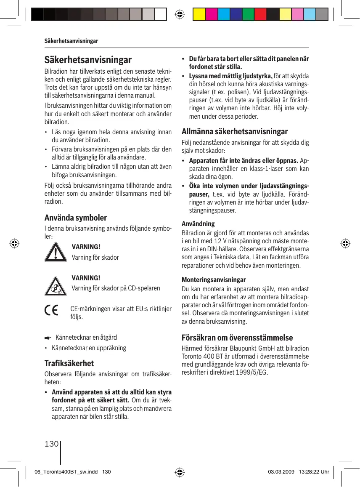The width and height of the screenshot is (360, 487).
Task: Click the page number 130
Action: click(x=51, y=443)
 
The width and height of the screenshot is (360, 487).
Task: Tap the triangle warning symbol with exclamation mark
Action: click(x=55, y=252)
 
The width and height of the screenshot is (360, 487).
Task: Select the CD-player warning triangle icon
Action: click(x=55, y=286)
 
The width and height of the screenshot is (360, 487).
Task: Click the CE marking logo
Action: click(x=52, y=311)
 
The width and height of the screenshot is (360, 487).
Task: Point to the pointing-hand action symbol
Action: click(x=48, y=338)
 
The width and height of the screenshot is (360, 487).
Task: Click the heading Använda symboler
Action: click(x=76, y=218)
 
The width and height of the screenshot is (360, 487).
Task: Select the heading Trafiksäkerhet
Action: click(x=69, y=363)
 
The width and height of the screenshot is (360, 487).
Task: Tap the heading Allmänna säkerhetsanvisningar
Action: click(x=235, y=131)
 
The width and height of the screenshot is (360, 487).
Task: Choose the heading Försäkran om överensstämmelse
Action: click(x=237, y=338)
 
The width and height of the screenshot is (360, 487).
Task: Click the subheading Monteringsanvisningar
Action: click(x=214, y=279)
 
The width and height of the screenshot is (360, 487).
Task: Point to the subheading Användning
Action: click(x=198, y=224)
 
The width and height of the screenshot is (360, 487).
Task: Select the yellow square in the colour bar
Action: click(x=199, y=15)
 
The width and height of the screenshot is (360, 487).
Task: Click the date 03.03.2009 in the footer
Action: click(x=281, y=472)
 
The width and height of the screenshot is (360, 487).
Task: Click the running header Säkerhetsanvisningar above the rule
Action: click(x=71, y=41)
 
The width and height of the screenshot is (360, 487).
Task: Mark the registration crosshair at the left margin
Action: click(x=14, y=243)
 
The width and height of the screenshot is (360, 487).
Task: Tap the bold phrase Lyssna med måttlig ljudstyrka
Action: click(x=231, y=76)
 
